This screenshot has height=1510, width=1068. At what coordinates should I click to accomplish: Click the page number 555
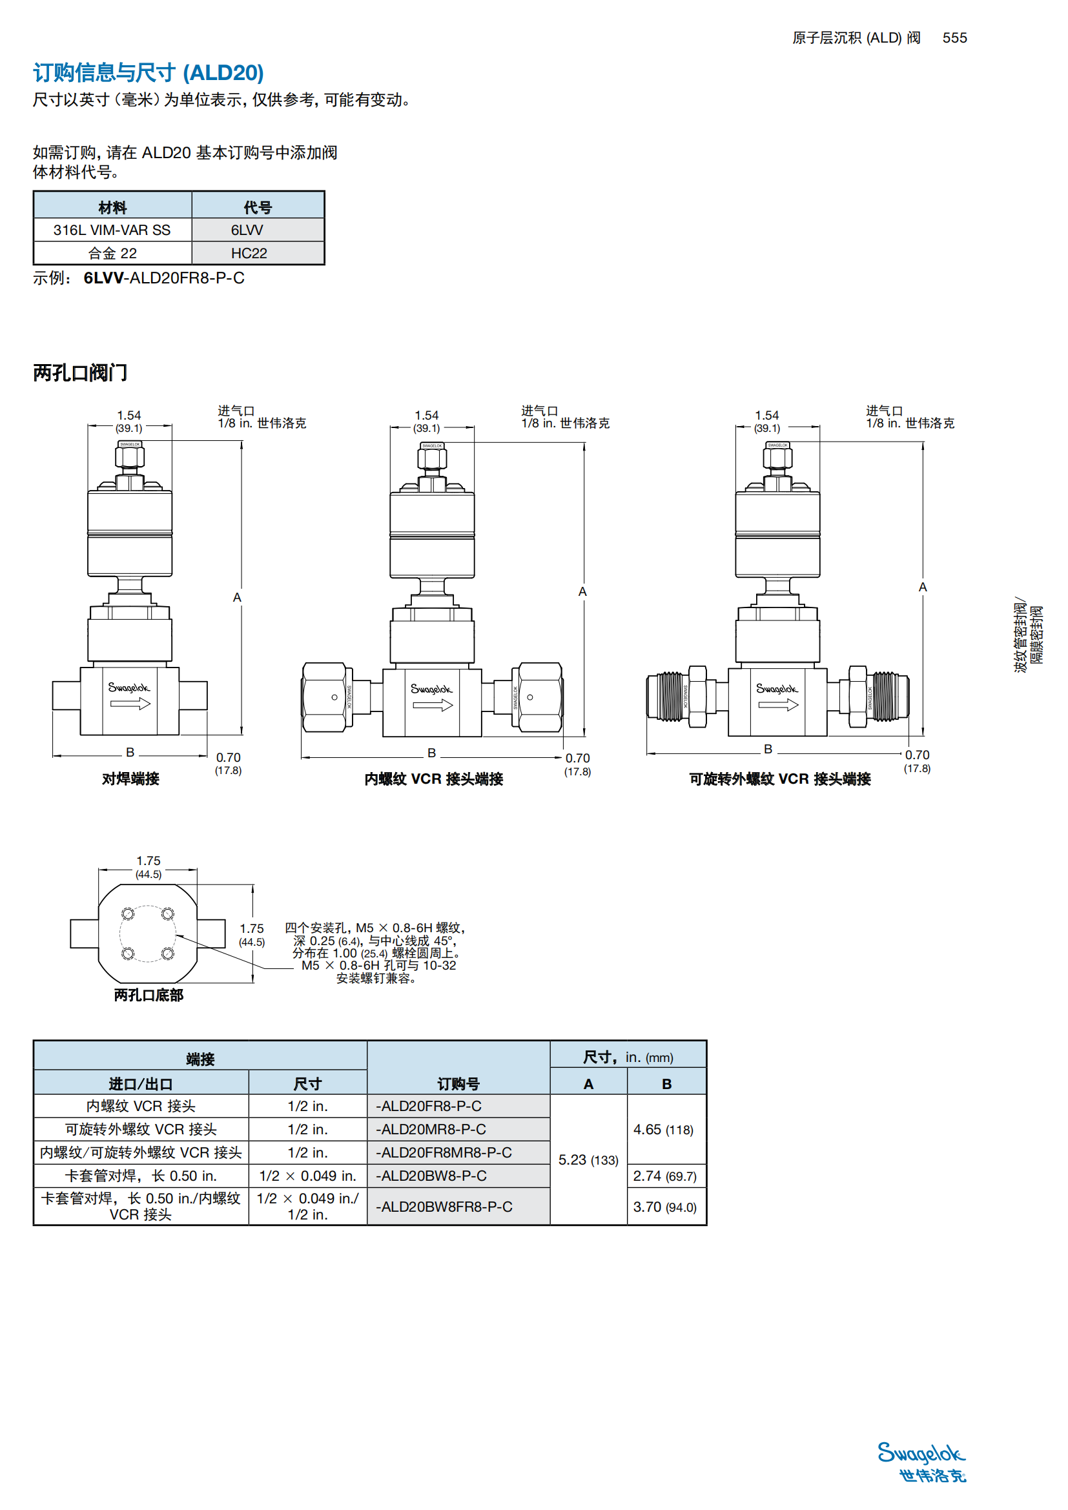point(954,38)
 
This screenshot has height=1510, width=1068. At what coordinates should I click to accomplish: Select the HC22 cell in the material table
point(249,253)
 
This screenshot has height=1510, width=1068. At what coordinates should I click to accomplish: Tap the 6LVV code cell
point(247,230)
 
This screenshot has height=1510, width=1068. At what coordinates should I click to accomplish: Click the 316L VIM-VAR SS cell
point(112,230)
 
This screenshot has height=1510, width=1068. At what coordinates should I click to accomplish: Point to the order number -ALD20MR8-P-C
point(431,1129)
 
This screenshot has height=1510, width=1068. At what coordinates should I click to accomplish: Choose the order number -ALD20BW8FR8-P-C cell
point(444,1207)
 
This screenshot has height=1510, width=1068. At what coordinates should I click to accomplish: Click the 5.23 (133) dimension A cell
point(588,1160)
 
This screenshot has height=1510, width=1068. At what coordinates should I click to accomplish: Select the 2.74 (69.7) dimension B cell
point(665,1176)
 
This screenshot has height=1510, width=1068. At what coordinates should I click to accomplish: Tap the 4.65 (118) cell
point(663,1130)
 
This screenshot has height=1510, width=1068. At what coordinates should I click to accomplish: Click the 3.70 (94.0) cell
point(665,1207)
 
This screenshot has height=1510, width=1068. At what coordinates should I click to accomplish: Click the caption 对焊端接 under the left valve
point(130,779)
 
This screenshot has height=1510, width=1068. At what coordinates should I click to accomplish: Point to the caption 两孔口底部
point(149,995)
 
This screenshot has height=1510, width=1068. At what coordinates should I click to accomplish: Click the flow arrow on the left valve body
point(130,704)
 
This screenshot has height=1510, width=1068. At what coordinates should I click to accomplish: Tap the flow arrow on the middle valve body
point(433,706)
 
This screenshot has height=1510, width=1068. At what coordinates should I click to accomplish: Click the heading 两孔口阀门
point(80,373)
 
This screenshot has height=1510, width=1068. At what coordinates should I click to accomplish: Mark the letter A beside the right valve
point(923,587)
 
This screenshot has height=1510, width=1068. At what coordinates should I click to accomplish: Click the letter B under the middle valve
point(431,753)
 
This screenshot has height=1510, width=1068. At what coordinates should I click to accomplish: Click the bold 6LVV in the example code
point(103,278)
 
